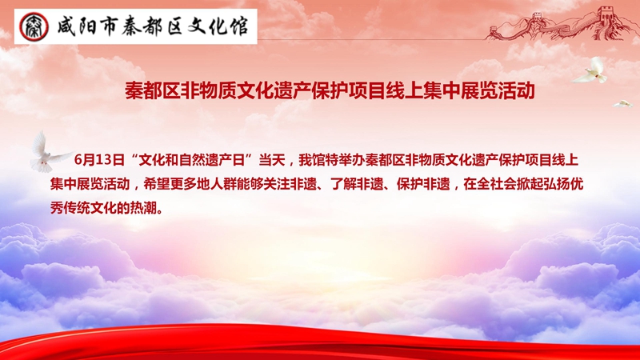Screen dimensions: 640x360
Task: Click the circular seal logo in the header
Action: tap(34, 26)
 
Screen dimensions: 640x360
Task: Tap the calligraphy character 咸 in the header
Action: tap(66, 26)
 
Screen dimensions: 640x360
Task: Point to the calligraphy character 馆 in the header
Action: tap(238, 26)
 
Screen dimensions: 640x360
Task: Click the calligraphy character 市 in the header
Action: tap(108, 26)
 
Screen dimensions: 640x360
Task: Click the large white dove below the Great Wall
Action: tap(591, 70)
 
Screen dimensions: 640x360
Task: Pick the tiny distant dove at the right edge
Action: tap(622, 104)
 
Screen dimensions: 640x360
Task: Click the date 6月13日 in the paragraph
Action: tap(99, 160)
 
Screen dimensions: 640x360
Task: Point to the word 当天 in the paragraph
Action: tap(272, 160)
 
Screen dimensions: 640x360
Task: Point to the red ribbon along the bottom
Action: tap(320, 342)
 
